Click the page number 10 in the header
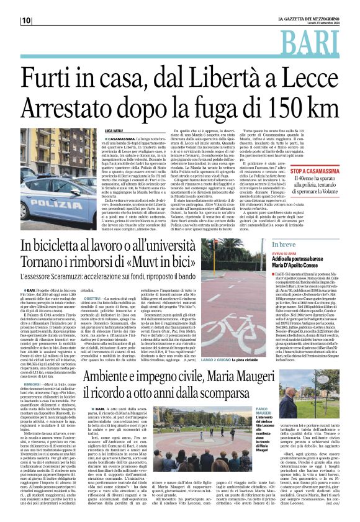[x=26, y=20]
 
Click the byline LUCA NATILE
[x=114, y=130]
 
